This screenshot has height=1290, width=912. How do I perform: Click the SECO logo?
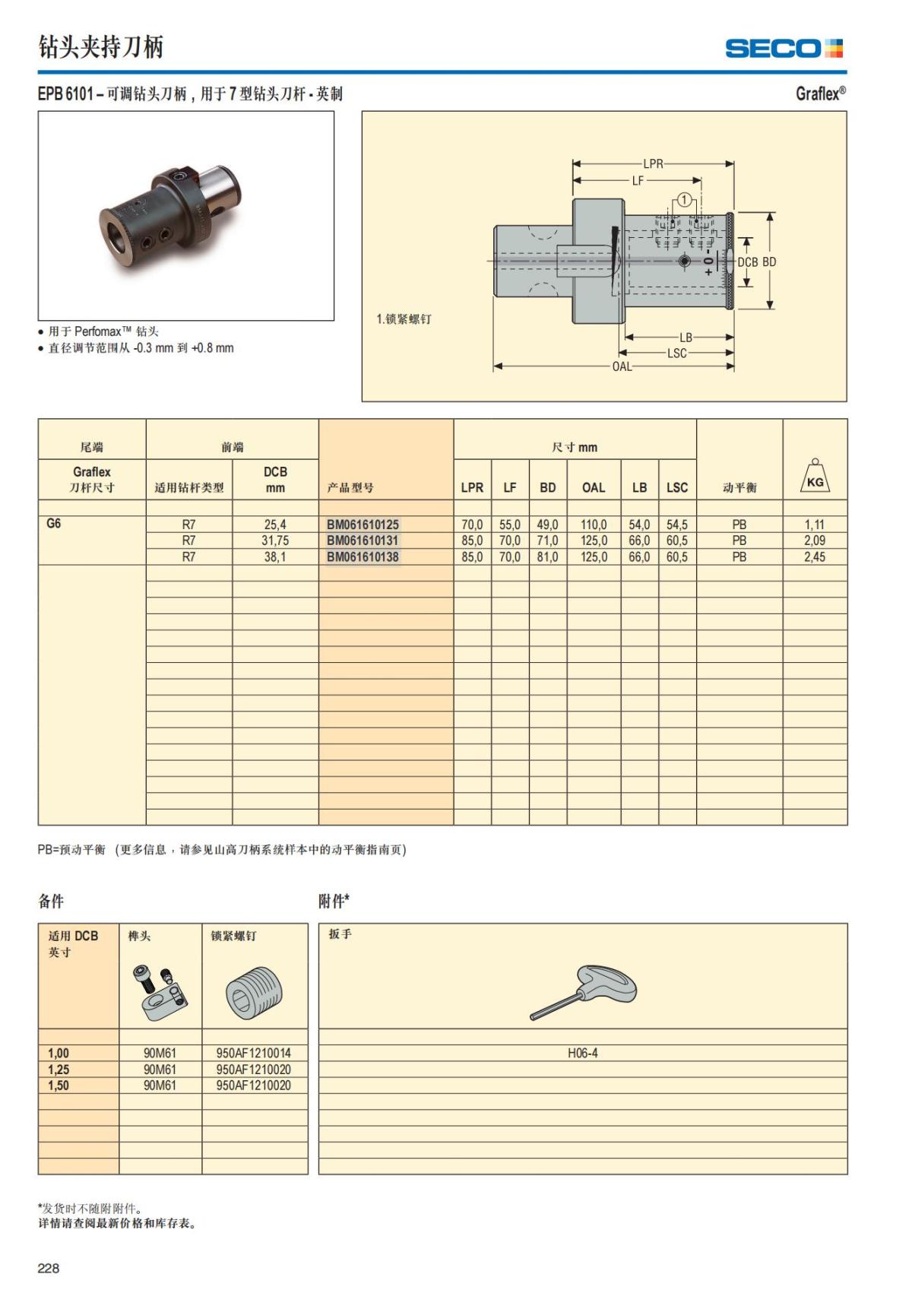tap(784, 49)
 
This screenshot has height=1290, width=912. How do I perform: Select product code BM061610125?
tap(363, 525)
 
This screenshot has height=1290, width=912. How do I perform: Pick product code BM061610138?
tap(363, 557)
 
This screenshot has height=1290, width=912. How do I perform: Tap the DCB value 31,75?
tap(275, 540)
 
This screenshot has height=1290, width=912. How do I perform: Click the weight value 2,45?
tap(814, 557)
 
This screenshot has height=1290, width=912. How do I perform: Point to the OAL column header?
tap(593, 487)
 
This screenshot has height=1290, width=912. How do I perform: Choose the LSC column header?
tap(676, 487)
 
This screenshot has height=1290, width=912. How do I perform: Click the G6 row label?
tap(54, 524)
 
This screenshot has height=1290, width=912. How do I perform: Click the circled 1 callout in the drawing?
tap(684, 200)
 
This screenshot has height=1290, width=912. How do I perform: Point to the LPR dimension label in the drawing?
tap(653, 163)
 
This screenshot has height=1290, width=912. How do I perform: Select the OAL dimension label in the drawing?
tap(622, 366)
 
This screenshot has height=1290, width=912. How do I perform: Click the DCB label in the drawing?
tap(748, 261)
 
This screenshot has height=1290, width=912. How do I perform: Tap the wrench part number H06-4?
tap(582, 1053)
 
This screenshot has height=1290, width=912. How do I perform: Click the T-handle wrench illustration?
tap(584, 991)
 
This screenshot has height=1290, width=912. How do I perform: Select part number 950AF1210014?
tap(253, 1053)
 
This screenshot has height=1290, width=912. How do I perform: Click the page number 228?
tap(49, 1268)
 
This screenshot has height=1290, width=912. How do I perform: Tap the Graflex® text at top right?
tap(820, 94)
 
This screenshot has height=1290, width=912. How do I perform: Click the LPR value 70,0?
tap(472, 525)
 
